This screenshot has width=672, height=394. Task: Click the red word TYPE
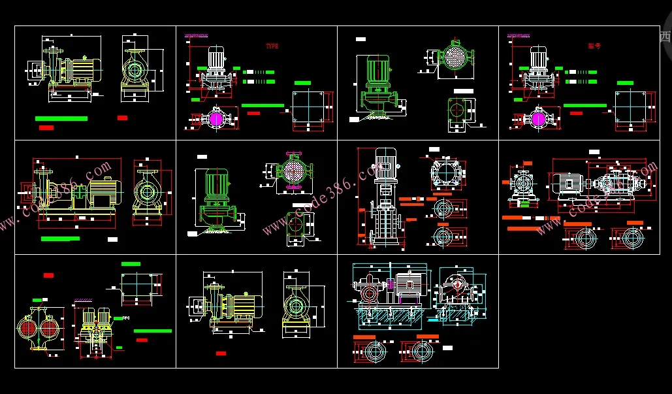(272, 46)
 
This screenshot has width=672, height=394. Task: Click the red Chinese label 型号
(594, 46)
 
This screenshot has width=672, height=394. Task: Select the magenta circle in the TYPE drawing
(216, 119)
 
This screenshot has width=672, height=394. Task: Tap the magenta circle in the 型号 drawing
(538, 119)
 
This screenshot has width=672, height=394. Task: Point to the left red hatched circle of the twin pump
(28, 327)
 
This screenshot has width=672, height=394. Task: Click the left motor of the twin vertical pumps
(88, 316)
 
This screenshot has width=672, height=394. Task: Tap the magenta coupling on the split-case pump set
(391, 284)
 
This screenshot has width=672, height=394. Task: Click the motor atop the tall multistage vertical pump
(385, 163)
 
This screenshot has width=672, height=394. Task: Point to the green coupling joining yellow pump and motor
(79, 193)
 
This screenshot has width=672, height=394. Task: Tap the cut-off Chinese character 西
(665, 37)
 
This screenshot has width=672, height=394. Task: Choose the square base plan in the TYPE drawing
(308, 107)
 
